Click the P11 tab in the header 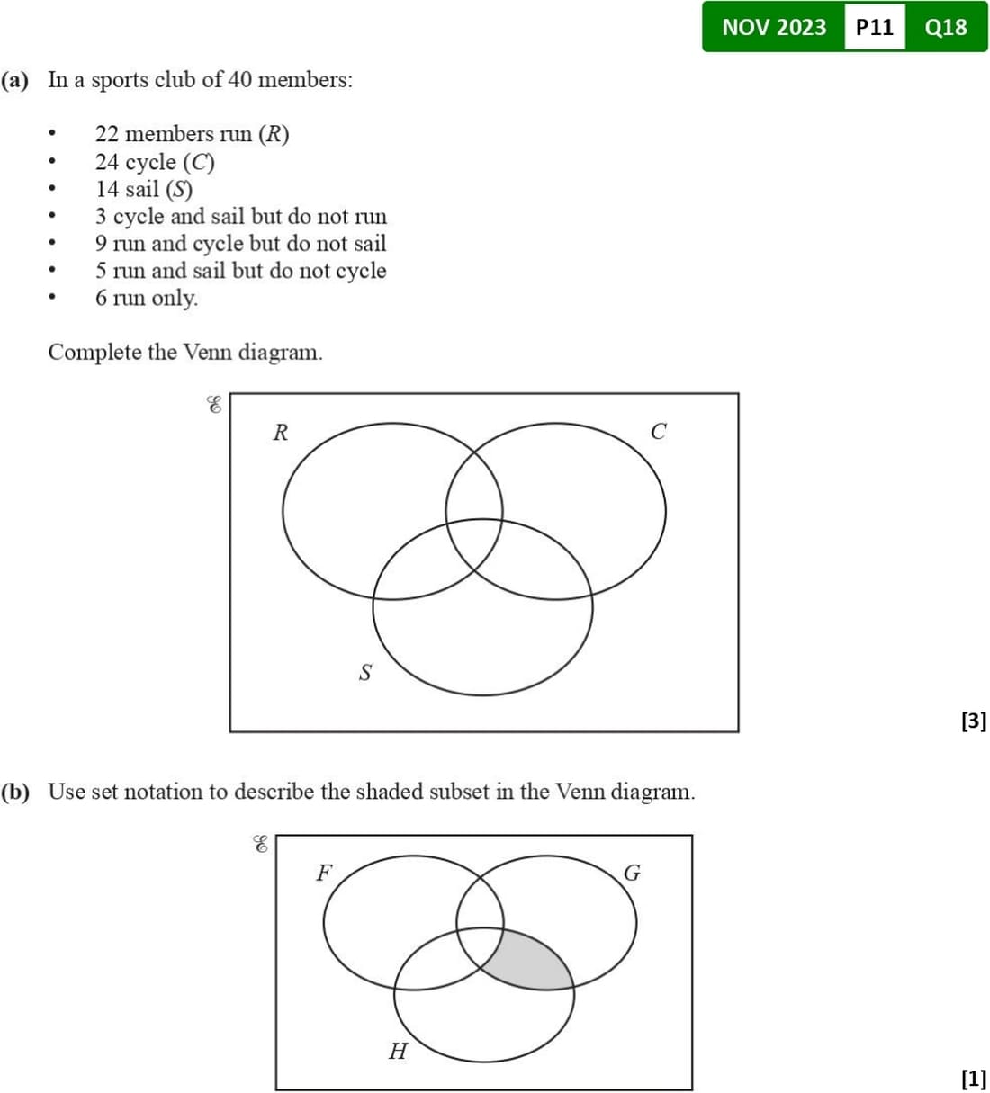click(x=874, y=27)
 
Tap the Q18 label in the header click(x=946, y=27)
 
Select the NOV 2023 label click(x=774, y=27)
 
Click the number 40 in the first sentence click(x=239, y=80)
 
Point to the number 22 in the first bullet click(x=107, y=134)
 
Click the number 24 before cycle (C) click(x=107, y=162)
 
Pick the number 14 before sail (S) click(x=107, y=189)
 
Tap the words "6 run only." click(x=147, y=298)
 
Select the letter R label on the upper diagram click(x=280, y=433)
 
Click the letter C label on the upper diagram click(x=658, y=432)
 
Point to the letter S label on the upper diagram click(x=364, y=672)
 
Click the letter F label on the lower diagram click(x=323, y=872)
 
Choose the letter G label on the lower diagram click(x=632, y=874)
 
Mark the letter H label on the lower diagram click(x=398, y=1050)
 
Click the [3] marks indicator click(x=973, y=721)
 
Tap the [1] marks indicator click(x=973, y=1077)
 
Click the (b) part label click(x=15, y=793)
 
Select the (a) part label click(x=15, y=80)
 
